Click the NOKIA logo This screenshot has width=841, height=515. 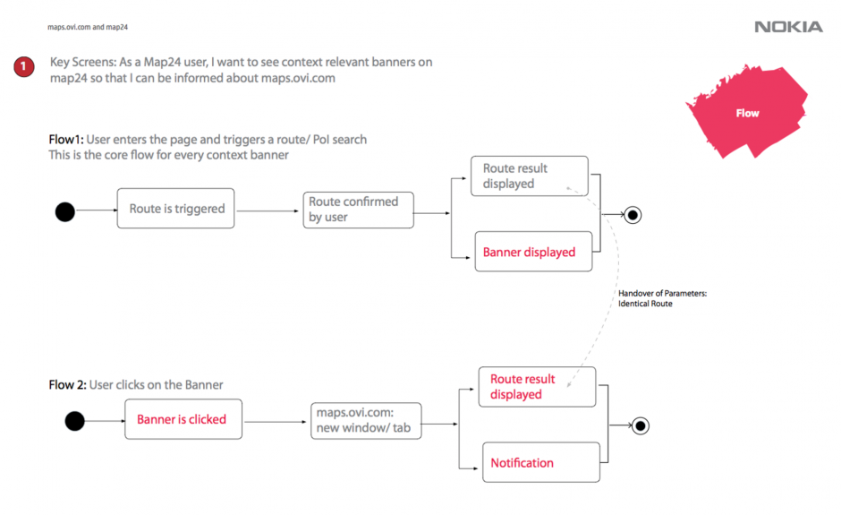[x=788, y=27]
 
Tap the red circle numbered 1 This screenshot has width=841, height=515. [x=23, y=66]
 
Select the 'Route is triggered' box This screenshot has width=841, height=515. [x=176, y=209]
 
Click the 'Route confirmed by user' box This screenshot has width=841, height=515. [x=358, y=210]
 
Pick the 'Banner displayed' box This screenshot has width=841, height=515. [x=533, y=252]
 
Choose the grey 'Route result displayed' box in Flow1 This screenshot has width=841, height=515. [x=530, y=176]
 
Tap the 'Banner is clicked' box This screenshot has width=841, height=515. [x=183, y=419]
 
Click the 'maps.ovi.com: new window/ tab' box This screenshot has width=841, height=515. [x=366, y=420]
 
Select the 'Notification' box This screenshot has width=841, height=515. [x=541, y=462]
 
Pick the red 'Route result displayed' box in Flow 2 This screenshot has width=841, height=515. [x=537, y=387]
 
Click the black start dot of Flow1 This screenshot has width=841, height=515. [x=65, y=211]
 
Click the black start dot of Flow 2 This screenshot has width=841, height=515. [x=74, y=421]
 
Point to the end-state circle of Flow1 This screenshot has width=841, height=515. [x=633, y=215]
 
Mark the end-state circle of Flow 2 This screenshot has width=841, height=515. [x=641, y=425]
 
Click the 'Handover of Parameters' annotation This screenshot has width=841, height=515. [x=662, y=298]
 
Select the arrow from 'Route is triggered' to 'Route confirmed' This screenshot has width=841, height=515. [x=268, y=211]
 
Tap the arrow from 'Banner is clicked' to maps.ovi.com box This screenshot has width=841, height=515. [x=276, y=422]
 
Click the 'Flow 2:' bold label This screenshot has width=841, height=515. [x=68, y=384]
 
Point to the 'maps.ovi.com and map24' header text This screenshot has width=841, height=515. [x=88, y=27]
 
